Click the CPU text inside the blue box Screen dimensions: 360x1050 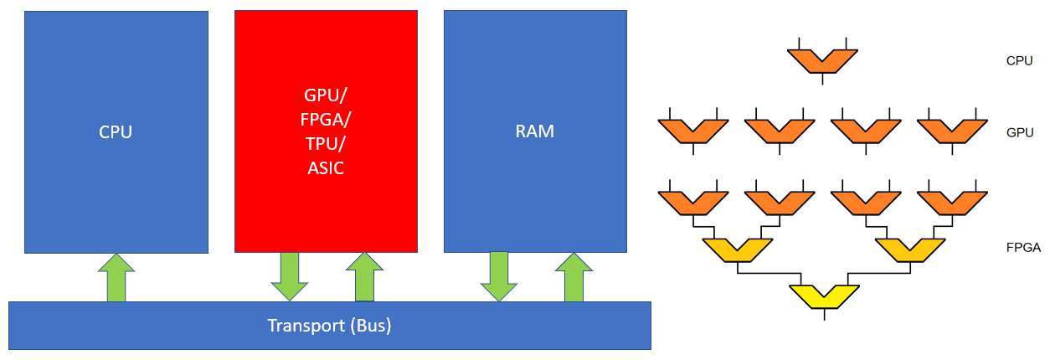116,131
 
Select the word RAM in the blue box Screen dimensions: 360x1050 535,131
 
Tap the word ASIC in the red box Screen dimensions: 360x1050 325,168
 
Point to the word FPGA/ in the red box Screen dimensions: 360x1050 325,119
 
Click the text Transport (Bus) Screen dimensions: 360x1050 329,326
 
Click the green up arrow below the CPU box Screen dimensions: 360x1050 116,277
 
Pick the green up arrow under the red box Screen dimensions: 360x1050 364,277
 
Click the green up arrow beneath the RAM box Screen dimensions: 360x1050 574,277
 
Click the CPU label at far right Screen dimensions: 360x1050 1019,61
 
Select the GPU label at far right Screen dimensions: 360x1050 1019,132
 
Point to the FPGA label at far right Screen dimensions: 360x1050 1023,248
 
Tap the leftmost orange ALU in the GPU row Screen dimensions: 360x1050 693,131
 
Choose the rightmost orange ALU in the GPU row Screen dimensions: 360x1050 952,131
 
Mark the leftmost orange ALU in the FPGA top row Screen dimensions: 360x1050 693,202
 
